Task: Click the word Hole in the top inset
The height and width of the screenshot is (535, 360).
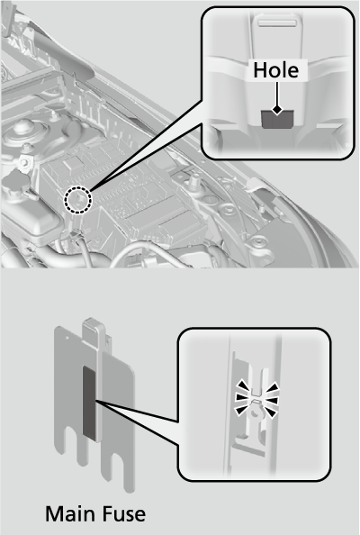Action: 278,69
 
